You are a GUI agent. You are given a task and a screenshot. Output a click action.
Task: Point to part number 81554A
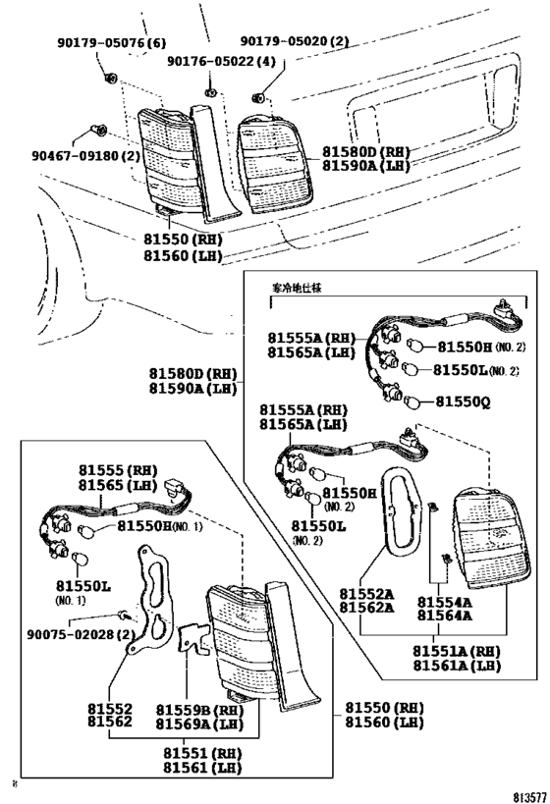tap(444, 602)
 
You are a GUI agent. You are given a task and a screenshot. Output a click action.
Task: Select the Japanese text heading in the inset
tap(302, 289)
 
